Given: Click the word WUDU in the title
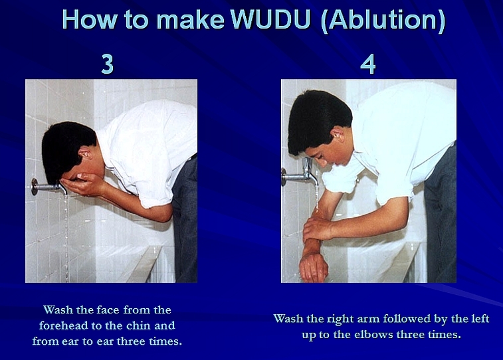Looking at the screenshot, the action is (270, 19).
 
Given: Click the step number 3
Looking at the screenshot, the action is (108, 64).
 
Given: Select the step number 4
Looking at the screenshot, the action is (367, 64).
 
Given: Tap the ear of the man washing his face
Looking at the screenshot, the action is (86, 154).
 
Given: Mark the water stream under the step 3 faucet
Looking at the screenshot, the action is (66, 237).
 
